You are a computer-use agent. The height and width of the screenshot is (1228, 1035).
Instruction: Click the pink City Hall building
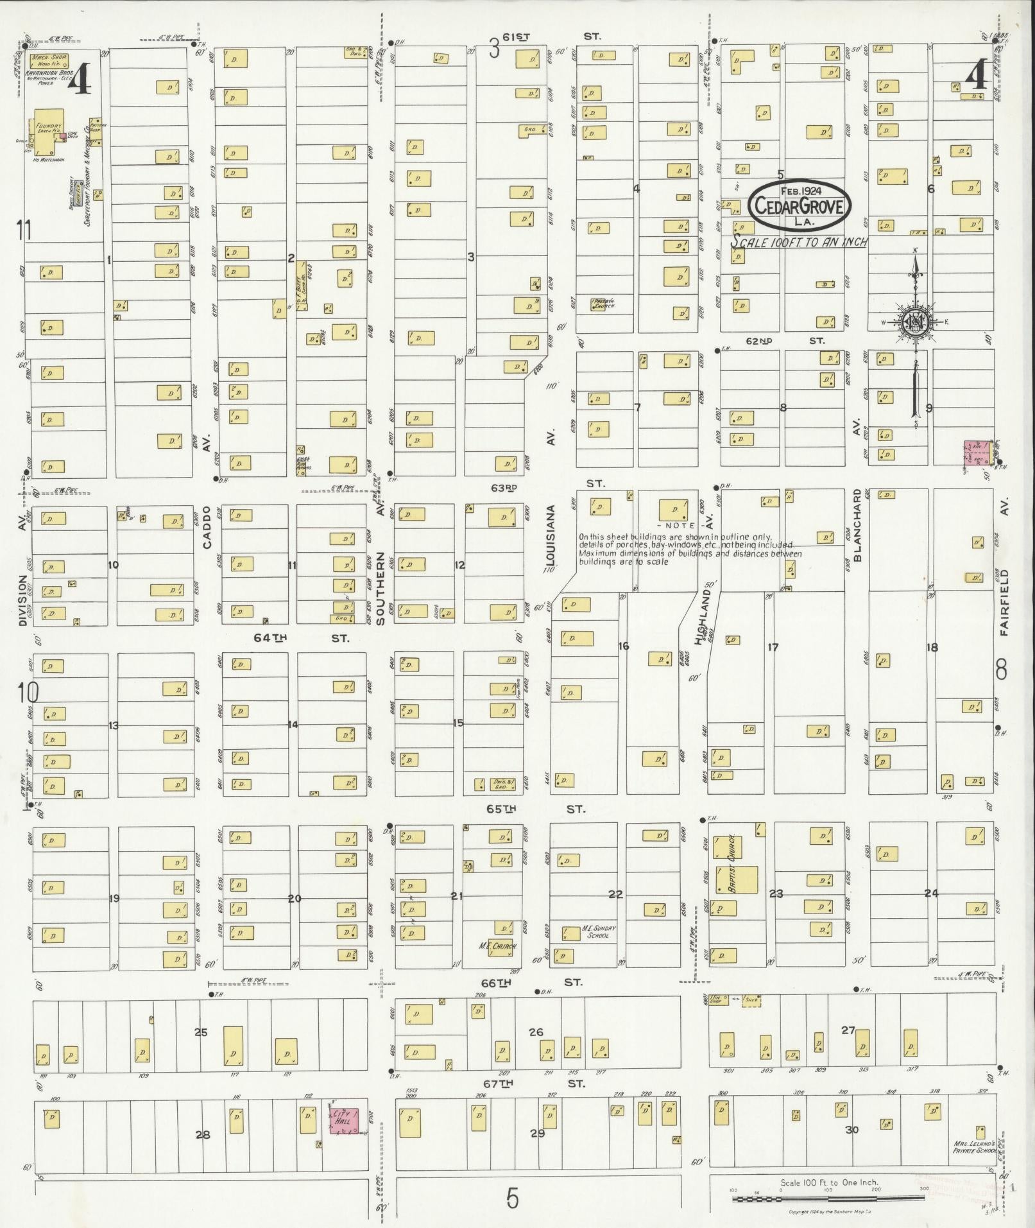344,1121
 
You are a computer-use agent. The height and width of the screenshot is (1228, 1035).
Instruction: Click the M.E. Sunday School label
598,931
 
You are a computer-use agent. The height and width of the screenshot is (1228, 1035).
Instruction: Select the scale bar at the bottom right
828,1198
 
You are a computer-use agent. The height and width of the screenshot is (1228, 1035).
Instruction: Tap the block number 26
536,1032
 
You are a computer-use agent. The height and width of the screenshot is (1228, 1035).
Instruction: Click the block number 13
113,725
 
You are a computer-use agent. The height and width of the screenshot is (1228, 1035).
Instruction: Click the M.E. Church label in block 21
497,946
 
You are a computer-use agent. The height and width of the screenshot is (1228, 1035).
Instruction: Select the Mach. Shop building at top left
50,62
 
